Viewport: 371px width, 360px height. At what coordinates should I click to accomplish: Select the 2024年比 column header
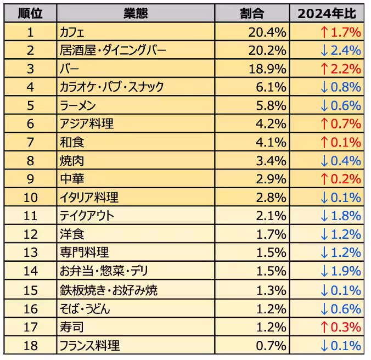coord(328,14)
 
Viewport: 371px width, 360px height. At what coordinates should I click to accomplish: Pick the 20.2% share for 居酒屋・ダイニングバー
coord(267,51)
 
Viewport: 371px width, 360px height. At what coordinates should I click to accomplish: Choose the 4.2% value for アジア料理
coord(271,124)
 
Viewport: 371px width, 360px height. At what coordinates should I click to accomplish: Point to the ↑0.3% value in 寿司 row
coord(340,327)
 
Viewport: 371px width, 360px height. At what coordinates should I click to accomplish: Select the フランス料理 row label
coord(89,346)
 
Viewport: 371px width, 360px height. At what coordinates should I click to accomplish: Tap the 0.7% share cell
coord(271,346)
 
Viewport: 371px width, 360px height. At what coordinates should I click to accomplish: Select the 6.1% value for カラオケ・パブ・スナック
coord(271,87)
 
